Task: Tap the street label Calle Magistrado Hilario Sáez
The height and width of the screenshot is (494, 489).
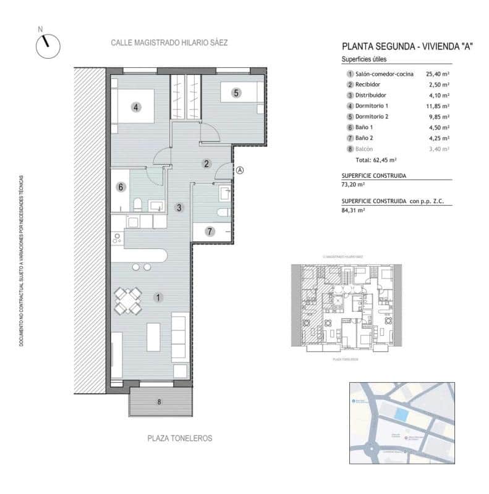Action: (169, 43)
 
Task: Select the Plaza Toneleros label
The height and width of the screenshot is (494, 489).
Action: (180, 438)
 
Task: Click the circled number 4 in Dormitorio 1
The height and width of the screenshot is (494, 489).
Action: (137, 107)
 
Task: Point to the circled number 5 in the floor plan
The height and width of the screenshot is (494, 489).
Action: (236, 93)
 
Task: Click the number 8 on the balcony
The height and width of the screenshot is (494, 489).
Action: (159, 402)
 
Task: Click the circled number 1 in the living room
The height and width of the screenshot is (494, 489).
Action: (158, 298)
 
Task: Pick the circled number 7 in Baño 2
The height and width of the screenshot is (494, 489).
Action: (210, 232)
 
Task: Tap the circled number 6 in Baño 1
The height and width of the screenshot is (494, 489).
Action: (121, 187)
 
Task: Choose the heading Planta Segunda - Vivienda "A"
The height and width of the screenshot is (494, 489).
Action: (407, 46)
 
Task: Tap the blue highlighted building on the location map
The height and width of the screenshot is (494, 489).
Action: (401, 415)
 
